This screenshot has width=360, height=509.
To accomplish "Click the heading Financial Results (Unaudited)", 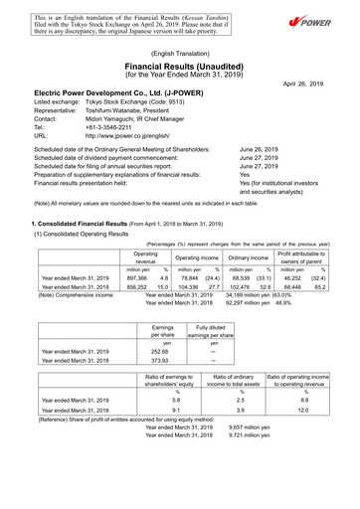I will click(x=180, y=65).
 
